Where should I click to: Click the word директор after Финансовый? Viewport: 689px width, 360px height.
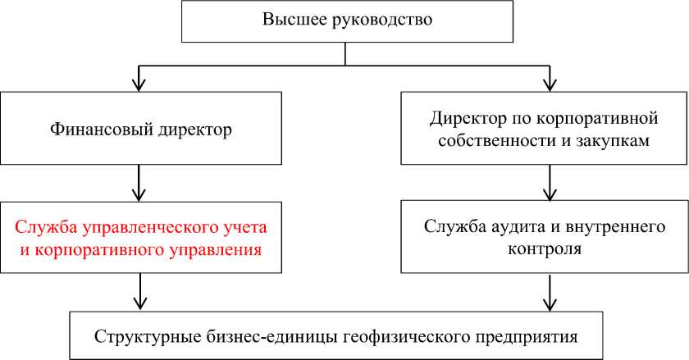[192, 129]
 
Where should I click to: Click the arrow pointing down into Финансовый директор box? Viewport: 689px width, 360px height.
[141, 77]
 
